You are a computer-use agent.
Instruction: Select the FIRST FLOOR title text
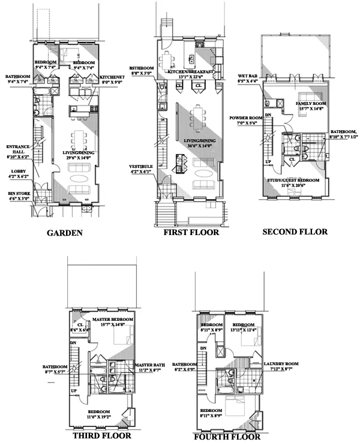click(191, 232)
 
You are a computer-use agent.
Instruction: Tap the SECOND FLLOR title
click(296, 231)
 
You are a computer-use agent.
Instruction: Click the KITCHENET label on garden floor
click(113, 77)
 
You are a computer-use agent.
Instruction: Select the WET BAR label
click(248, 77)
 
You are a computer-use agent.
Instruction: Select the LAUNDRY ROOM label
click(281, 364)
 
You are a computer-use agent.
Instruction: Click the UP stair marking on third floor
click(73, 390)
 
